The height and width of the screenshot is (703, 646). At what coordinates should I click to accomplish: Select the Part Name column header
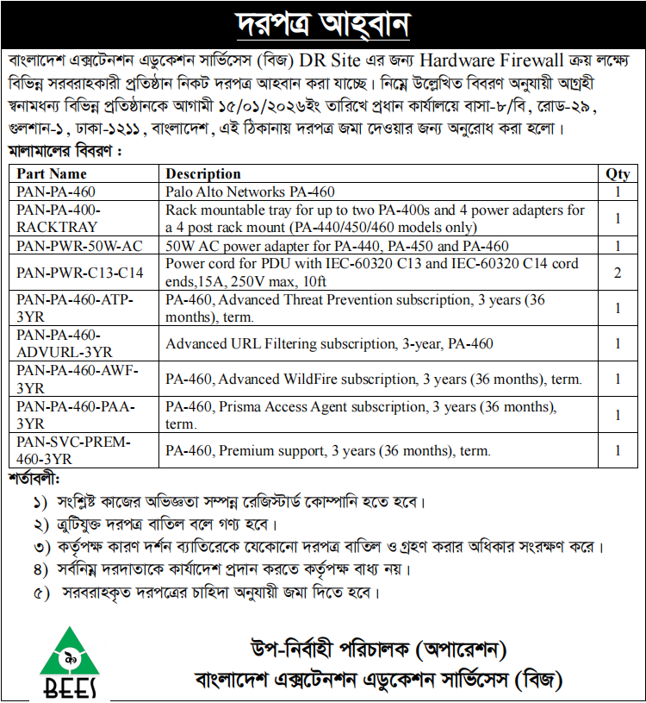click(x=52, y=173)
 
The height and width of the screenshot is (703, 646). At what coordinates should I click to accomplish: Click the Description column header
click(x=203, y=173)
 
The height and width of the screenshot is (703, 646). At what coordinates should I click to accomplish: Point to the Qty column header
click(x=618, y=173)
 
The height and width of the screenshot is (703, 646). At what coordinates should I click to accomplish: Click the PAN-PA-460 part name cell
click(x=56, y=191)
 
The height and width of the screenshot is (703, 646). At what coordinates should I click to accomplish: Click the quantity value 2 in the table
click(x=618, y=273)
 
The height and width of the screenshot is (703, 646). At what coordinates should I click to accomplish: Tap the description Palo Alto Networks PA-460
click(x=250, y=191)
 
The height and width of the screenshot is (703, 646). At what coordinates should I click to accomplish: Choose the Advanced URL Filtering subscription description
click(x=329, y=343)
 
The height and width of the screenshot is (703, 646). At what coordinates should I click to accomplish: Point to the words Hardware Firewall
click(x=492, y=61)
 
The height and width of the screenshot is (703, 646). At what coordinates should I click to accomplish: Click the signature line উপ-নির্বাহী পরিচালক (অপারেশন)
click(x=378, y=648)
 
